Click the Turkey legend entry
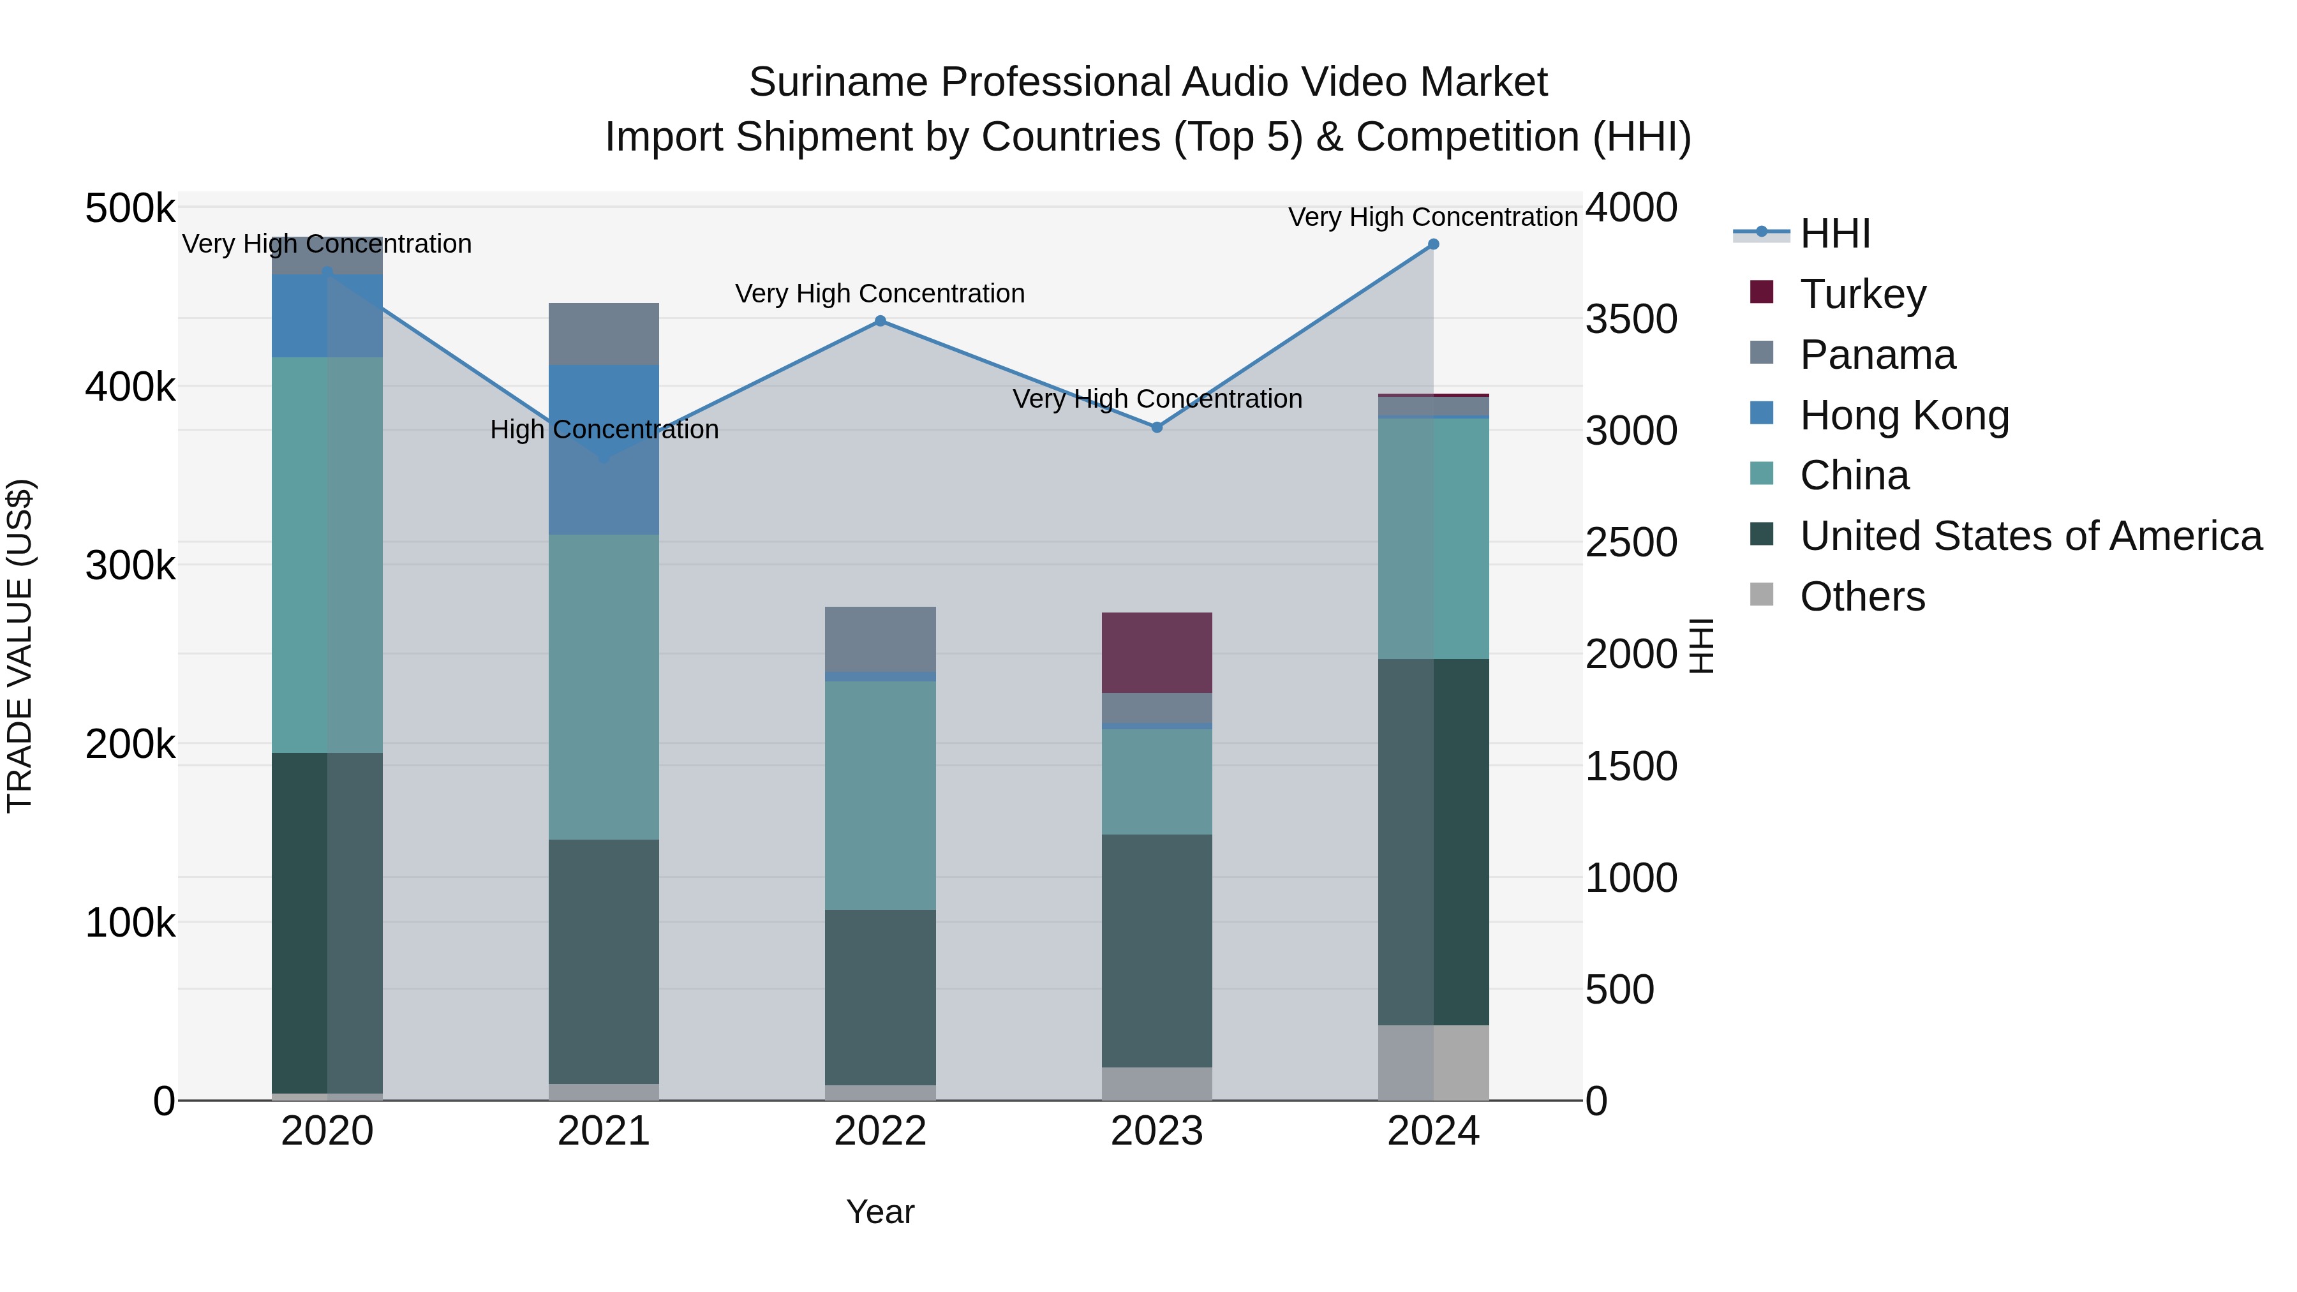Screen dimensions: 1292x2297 click(1862, 294)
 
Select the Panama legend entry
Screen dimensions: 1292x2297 click(1877, 355)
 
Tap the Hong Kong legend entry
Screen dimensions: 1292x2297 click(1904, 415)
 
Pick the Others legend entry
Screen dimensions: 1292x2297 click(1862, 597)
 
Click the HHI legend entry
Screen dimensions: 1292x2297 click(1834, 234)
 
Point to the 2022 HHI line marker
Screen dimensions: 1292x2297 click(880, 321)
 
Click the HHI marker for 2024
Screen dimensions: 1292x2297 click(1433, 244)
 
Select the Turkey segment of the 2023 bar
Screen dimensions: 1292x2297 click(1157, 653)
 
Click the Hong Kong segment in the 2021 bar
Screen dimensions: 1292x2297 click(604, 450)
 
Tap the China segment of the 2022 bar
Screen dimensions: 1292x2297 click(880, 796)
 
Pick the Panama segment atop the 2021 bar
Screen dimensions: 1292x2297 click(604, 334)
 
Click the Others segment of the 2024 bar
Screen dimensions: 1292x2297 click(1433, 1063)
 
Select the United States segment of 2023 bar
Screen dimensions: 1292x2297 click(1157, 951)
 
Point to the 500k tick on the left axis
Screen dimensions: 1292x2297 click(130, 209)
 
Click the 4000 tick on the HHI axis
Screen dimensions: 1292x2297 click(1631, 208)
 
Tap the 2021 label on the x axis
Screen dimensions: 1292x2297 click(604, 1131)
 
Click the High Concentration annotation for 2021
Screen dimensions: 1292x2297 click(604, 430)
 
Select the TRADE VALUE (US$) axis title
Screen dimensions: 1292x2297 click(20, 646)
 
